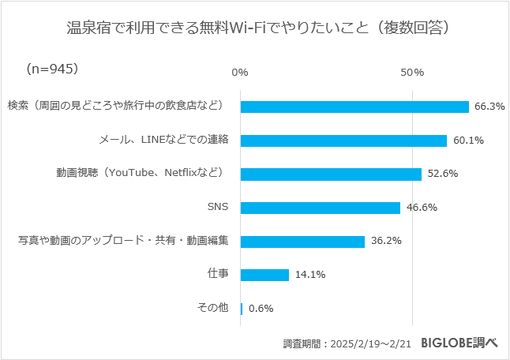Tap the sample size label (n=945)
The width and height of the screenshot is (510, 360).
(52, 69)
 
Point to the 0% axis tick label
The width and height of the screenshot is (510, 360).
(240, 73)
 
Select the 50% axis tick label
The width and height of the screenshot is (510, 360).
(411, 73)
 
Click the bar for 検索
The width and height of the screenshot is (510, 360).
(354, 107)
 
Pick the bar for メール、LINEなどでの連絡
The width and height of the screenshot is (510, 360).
(343, 141)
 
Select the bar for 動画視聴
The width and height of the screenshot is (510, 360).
(331, 174)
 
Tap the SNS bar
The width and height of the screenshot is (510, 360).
(321, 208)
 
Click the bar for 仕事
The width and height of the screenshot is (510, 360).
(264, 275)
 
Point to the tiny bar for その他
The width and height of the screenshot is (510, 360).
(242, 309)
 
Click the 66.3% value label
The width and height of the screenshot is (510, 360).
(489, 107)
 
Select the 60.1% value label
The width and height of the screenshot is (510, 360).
(468, 141)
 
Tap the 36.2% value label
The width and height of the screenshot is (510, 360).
(386, 242)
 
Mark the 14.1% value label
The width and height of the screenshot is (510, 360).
(310, 275)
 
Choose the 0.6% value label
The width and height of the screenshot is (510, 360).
(261, 309)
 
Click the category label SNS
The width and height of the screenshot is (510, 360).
(217, 207)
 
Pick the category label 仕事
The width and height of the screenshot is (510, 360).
(218, 273)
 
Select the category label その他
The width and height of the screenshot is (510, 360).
(212, 307)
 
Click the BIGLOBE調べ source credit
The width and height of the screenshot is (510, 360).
(459, 343)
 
